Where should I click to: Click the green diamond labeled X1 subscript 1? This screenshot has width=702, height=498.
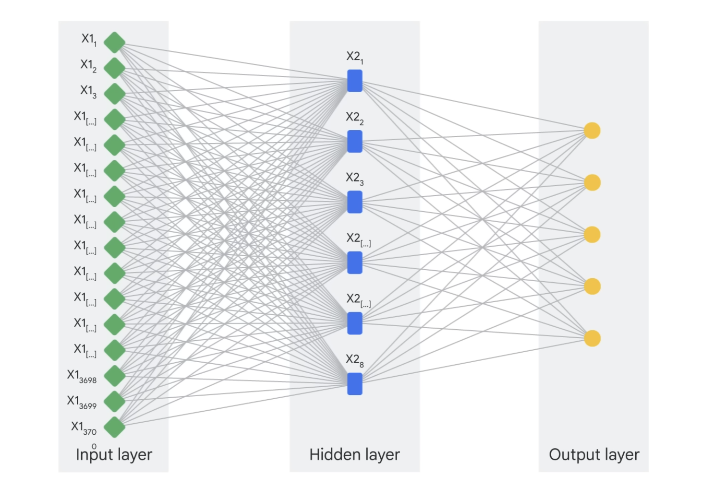tap(114, 43)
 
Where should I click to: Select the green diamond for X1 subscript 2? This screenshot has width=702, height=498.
tap(114, 68)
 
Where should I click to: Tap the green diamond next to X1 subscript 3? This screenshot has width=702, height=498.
tap(114, 94)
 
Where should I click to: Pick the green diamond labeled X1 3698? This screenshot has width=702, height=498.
tap(114, 376)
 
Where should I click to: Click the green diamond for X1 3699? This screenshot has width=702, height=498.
tap(114, 402)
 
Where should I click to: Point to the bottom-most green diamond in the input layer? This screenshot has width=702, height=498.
tap(114, 427)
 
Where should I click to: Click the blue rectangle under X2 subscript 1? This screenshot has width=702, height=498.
tap(354, 81)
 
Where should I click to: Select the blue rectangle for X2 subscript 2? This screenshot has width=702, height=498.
tap(354, 142)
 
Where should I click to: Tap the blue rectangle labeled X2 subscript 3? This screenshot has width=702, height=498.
tap(354, 202)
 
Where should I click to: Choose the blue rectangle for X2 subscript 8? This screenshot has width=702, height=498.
tap(354, 384)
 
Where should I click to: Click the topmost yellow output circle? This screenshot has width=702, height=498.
tap(592, 130)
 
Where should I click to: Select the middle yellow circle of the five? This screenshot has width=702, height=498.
tap(592, 235)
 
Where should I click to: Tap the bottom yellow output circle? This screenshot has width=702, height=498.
tap(592, 338)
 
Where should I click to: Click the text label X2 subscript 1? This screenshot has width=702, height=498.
tap(354, 57)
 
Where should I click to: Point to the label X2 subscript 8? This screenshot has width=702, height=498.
tap(354, 360)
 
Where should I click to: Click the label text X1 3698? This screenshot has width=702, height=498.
tap(82, 376)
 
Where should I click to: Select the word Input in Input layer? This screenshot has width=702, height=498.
tap(94, 454)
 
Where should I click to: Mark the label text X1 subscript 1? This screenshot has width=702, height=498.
tap(89, 39)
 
